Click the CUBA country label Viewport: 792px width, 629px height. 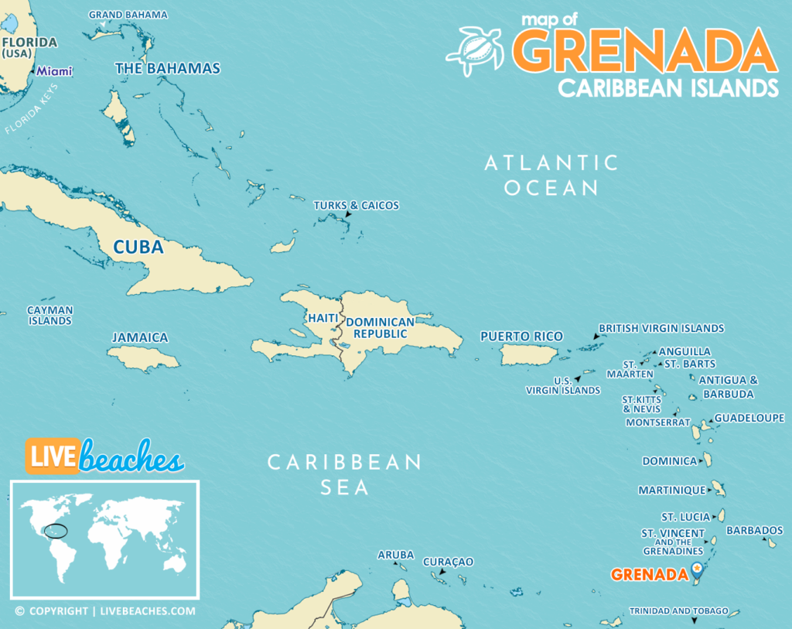[138, 247]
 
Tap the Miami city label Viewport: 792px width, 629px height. [55, 71]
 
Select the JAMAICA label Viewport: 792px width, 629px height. [140, 337]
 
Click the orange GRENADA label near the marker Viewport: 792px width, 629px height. [649, 574]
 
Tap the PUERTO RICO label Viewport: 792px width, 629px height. [521, 337]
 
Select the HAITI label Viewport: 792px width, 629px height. [323, 318]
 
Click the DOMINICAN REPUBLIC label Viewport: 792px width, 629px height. [380, 328]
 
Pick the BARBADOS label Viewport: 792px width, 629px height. [755, 530]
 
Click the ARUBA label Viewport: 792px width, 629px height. [395, 555]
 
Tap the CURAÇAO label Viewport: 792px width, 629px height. [447, 561]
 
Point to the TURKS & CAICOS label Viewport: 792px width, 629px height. [356, 205]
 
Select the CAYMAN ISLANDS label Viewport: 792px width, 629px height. [50, 315]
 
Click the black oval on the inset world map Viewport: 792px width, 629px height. [56, 531]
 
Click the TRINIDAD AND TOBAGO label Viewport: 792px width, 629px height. [678, 611]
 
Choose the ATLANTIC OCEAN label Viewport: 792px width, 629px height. [551, 175]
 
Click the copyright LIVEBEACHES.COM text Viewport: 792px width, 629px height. [105, 611]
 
